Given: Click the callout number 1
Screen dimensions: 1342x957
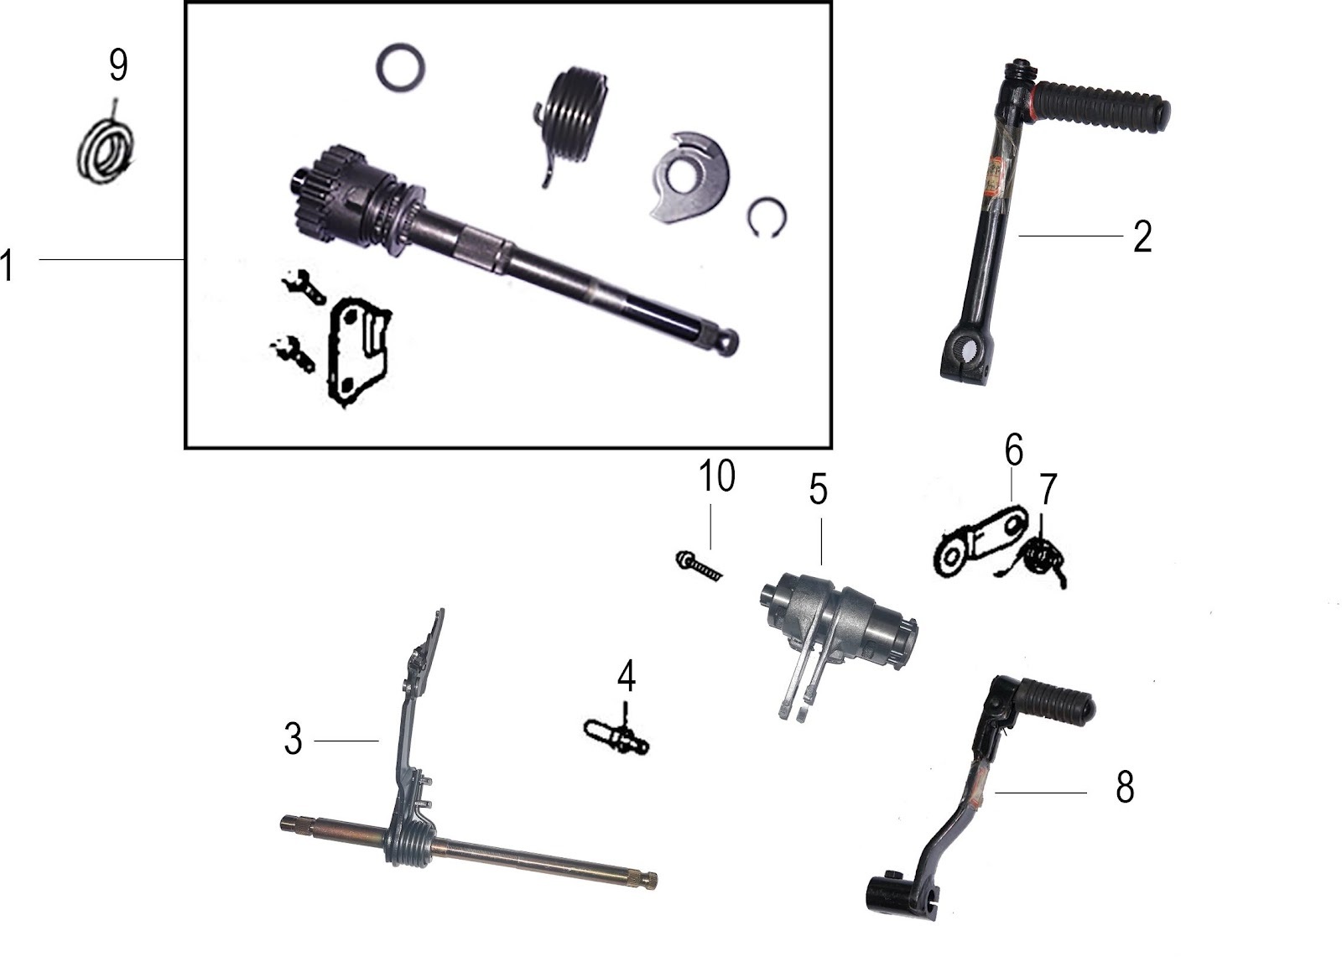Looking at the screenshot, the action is [x=7, y=266].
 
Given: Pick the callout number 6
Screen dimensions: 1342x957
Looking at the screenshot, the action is [x=1014, y=450].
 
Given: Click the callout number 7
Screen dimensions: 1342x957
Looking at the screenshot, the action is [x=1048, y=489].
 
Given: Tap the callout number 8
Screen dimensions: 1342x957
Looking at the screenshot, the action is [x=1125, y=787].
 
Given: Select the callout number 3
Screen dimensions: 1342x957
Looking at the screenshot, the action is [x=293, y=740].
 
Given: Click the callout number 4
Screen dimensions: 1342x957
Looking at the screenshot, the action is [x=627, y=675].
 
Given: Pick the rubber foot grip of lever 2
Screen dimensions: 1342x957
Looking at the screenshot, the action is [x=1101, y=108].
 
